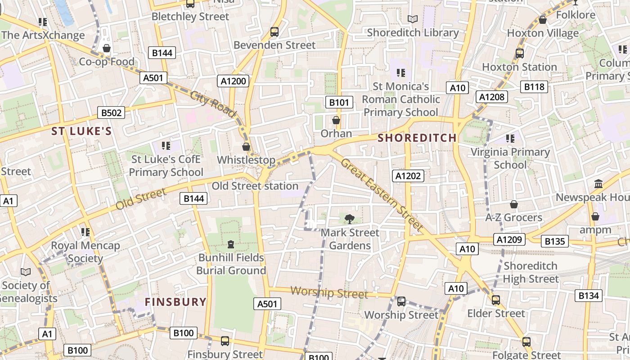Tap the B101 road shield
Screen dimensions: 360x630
coord(339,102)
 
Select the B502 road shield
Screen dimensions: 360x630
coord(111,112)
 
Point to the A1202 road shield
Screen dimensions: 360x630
coord(408,176)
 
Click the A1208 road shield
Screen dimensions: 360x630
coord(493,97)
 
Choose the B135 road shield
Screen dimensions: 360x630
coord(554,241)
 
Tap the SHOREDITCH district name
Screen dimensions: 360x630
coord(417,138)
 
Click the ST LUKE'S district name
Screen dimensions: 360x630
coord(81,131)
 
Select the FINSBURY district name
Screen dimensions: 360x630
coord(175,301)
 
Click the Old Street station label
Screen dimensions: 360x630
coord(255,186)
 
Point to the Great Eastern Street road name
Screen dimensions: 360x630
coord(382,194)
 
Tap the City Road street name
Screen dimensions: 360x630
coord(213,104)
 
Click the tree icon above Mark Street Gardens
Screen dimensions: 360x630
coord(349,219)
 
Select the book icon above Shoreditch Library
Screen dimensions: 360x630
coord(412,19)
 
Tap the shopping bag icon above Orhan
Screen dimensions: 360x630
coord(336,120)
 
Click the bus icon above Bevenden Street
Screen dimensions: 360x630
coord(274,32)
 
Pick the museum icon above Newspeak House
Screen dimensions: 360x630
coord(598,184)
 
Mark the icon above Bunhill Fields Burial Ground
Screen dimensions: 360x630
coord(231,244)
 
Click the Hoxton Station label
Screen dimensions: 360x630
coord(519,67)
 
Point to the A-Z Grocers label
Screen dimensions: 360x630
coord(513,218)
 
